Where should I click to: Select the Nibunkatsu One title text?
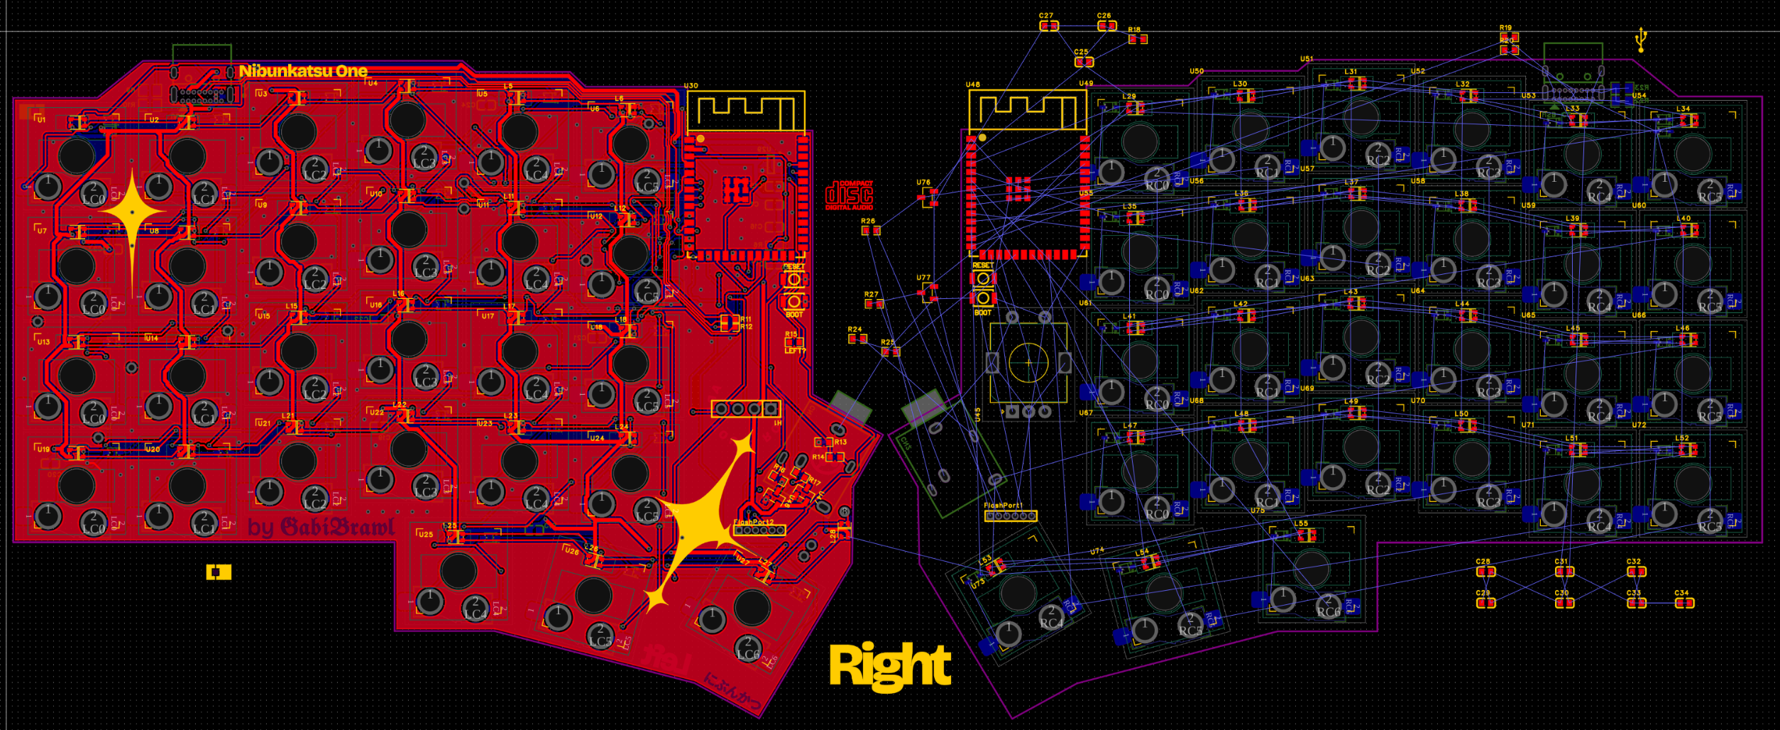(x=303, y=71)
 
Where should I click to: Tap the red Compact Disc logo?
(x=849, y=195)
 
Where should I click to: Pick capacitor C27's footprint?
(x=1048, y=26)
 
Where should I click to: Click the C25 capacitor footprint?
(x=1084, y=62)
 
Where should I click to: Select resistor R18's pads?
(x=1138, y=39)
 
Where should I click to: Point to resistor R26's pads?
(x=871, y=231)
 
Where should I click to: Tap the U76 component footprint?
(x=929, y=195)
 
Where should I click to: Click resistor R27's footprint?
(x=874, y=304)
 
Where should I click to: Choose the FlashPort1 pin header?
(x=1011, y=516)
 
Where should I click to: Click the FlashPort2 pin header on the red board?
(x=759, y=530)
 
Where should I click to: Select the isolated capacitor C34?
(x=1684, y=603)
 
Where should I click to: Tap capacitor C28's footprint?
(x=1485, y=572)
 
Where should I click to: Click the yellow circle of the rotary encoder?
(x=1028, y=363)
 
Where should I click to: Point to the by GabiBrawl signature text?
(x=322, y=528)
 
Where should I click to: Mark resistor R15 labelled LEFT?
(x=794, y=344)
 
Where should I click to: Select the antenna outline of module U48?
(x=1028, y=111)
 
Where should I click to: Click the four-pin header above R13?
(x=746, y=409)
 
